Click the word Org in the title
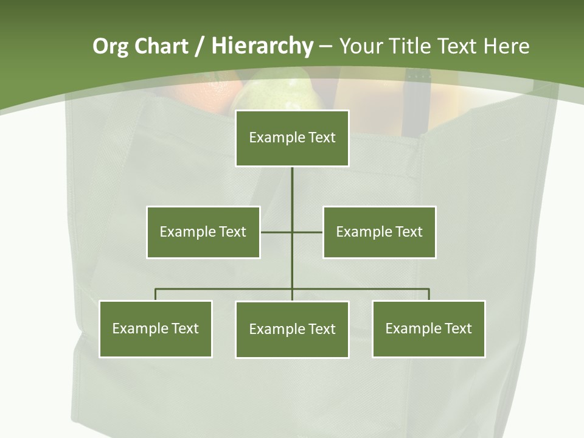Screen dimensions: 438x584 pos(110,46)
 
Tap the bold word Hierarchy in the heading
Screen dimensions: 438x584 pos(262,46)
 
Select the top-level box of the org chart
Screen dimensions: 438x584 pos(292,138)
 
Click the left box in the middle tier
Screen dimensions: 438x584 pos(203,232)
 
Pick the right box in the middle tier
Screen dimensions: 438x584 pos(380,232)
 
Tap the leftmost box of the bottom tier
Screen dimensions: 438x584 pos(156,329)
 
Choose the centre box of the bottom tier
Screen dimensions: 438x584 pos(292,330)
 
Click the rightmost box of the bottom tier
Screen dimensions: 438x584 pos(429,329)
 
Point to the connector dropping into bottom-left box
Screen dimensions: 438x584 pos(156,294)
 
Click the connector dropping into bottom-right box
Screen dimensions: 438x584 pos(429,294)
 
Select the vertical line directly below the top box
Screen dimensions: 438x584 pos(292,189)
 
